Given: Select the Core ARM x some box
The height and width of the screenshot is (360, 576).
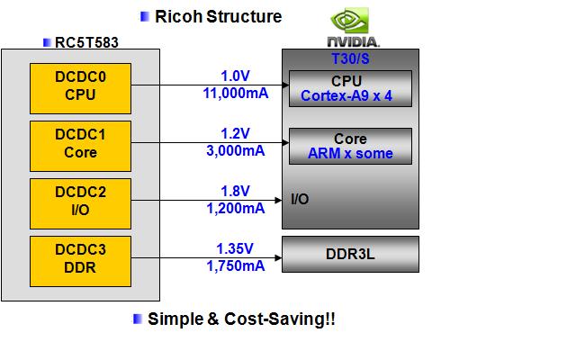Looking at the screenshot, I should point(350,146).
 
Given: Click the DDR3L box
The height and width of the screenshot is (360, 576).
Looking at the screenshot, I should point(350,254).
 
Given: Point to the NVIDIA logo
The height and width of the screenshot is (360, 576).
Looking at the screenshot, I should point(351,30).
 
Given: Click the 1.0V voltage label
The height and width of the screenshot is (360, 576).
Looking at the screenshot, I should point(235,75).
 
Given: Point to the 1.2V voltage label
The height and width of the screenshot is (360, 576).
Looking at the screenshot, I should point(235,133).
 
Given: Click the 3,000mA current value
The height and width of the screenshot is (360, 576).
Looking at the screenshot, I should point(235,149).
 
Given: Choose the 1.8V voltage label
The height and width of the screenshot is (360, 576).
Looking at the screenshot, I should point(235,191).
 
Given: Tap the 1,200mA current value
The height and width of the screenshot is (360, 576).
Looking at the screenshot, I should point(235,208).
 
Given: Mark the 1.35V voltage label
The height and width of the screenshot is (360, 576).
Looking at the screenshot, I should point(235,248).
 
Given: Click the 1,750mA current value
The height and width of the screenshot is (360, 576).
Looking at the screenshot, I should point(235,265).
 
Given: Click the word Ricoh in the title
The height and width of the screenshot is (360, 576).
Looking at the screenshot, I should point(177,16).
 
